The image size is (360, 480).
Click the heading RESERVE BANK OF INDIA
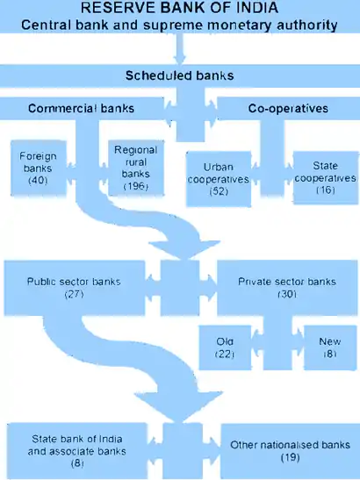[x=179, y=8]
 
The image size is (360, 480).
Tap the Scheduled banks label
[x=179, y=75]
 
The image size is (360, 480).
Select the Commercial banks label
[x=81, y=108]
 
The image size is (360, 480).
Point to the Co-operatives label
[x=288, y=108]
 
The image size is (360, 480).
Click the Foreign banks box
[x=39, y=168]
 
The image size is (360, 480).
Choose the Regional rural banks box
[x=136, y=168]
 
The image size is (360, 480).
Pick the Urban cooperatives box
[x=219, y=179]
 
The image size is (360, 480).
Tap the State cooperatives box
[x=326, y=177]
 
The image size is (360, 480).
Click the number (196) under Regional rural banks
[x=136, y=186]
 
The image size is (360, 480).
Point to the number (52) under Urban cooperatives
[x=219, y=191]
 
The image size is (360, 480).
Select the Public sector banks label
[x=74, y=282]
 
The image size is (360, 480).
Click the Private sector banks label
[x=287, y=282]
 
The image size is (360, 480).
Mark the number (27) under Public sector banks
[x=74, y=294]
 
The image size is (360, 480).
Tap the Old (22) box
[x=225, y=347]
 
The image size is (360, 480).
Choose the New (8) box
[x=330, y=347]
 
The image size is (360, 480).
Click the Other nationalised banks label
[x=290, y=445]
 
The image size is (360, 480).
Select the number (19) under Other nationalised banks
[x=290, y=457]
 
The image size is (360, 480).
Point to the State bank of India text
[x=77, y=439]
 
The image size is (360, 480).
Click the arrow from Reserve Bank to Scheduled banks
[x=179, y=49]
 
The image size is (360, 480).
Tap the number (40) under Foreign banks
[x=38, y=180]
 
